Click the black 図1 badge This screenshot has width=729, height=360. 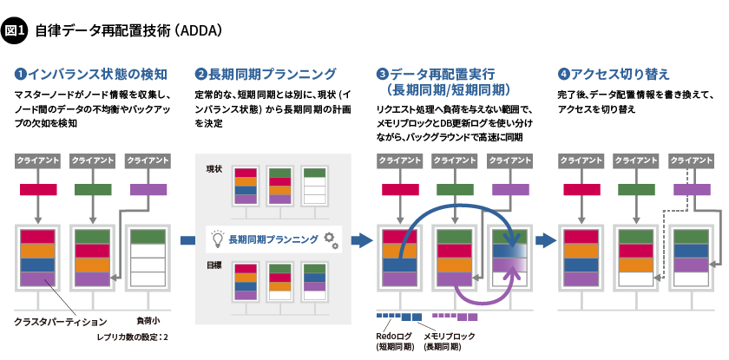pyautogui.click(x=16, y=31)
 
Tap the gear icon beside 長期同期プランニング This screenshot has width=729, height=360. pyautogui.click(x=330, y=239)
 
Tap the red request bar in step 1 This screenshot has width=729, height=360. pyautogui.click(x=37, y=189)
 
